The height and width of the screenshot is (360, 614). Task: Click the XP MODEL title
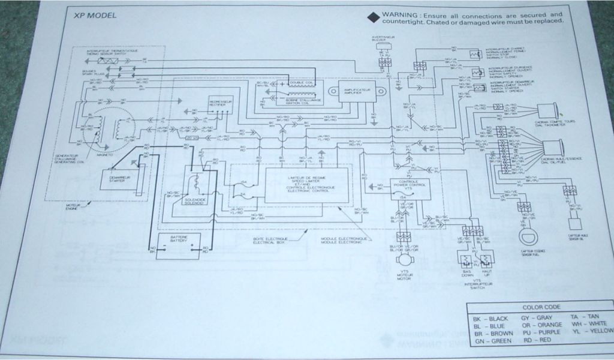(x=92, y=16)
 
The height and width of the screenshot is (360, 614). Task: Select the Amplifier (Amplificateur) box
(x=357, y=92)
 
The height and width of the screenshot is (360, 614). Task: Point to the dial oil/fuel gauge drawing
(x=552, y=150)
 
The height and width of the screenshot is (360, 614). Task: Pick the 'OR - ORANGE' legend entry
(x=541, y=324)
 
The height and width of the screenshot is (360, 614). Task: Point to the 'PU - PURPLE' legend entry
(x=542, y=332)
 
